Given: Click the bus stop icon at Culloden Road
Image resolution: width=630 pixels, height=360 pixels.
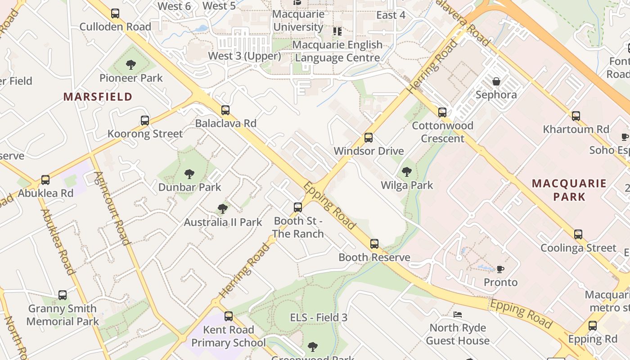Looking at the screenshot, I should point(115,13).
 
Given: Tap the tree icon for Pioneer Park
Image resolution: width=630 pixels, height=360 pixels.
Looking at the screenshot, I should point(131,65).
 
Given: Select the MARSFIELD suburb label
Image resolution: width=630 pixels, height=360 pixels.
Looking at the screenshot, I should point(98,96).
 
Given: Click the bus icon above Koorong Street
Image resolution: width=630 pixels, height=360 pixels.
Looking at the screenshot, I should point(144,121).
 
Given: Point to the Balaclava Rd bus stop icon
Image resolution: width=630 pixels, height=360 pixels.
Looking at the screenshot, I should point(225,110).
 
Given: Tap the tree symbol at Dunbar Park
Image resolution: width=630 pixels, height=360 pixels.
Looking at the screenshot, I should point(189,174).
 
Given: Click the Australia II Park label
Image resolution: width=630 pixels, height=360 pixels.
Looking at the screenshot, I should point(223,222).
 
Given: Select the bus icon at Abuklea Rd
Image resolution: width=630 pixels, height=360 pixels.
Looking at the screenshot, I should point(45,180).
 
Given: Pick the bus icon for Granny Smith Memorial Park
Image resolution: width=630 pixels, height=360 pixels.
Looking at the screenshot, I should point(63,295).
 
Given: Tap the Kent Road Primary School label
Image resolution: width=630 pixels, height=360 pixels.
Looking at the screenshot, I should point(229,336).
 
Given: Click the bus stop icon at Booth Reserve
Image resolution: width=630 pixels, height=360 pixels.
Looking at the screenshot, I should point(374,244).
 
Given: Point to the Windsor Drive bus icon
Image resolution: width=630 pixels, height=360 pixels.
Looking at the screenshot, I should point(369,138).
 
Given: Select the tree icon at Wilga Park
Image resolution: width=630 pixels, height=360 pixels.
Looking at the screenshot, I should point(407,172).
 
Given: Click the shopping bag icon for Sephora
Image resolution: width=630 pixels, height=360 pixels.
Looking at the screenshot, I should point(496,81).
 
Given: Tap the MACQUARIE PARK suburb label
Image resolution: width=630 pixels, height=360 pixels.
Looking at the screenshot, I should point(569,190).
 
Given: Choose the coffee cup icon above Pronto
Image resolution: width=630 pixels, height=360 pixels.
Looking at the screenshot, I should point(500,269).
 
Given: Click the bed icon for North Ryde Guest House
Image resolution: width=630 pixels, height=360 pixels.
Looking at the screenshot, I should point(458,315).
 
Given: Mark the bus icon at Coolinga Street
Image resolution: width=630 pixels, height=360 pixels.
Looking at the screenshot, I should point(578,234).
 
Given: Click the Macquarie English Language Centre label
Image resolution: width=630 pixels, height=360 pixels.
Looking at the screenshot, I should point(337,51).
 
